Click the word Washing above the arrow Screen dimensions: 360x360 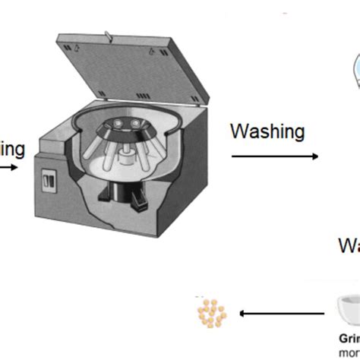pos(267,132)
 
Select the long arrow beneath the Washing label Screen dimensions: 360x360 pos(274,156)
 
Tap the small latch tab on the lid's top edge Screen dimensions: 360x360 pos(109,33)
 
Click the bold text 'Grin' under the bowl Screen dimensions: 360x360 pos(349,339)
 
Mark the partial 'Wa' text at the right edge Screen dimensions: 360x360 pos(349,247)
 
